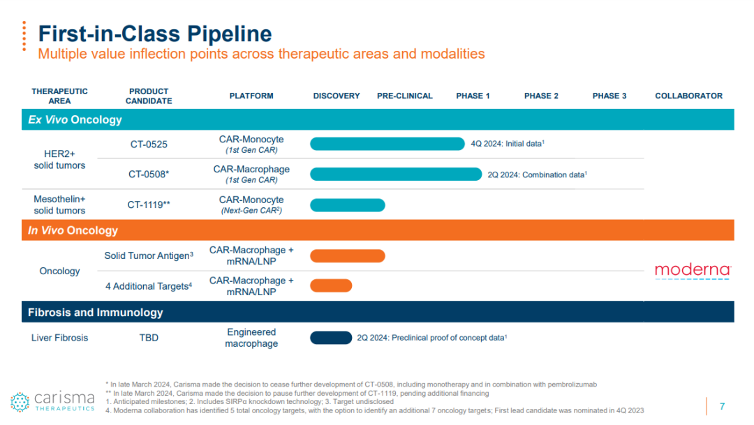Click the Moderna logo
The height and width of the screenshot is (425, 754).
(693, 271)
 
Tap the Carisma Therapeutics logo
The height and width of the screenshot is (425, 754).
(53, 401)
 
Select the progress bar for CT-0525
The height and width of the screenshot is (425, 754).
(387, 144)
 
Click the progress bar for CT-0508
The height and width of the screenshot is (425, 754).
(396, 174)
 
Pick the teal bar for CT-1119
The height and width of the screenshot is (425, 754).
(348, 205)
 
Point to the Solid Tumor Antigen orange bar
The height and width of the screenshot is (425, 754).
(348, 256)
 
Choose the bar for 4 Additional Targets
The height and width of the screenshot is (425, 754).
(331, 285)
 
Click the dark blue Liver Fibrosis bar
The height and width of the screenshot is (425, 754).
(331, 338)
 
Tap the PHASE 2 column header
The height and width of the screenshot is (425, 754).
(541, 96)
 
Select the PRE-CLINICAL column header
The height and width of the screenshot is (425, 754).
(405, 96)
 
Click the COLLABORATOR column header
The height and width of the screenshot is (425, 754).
(688, 96)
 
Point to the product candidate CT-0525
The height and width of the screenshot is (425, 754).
(149, 144)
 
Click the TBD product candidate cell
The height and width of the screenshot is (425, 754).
(149, 338)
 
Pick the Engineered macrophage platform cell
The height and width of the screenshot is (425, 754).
(251, 338)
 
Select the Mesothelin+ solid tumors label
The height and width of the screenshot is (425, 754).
(59, 204)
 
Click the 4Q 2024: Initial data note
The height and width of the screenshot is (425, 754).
(508, 144)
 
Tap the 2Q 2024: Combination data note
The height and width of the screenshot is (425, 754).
(537, 174)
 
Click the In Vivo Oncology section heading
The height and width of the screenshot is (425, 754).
(73, 230)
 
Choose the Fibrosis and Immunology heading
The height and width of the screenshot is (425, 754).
(95, 313)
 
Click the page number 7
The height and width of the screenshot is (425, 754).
(722, 406)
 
